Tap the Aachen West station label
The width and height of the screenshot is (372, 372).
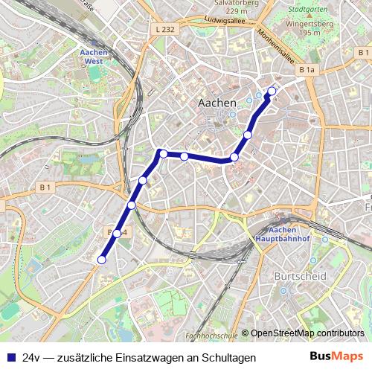tap(94, 58)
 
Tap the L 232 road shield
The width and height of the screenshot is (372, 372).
tap(167, 29)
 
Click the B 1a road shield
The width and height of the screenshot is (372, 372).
tap(307, 70)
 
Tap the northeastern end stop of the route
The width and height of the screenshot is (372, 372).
tap(272, 92)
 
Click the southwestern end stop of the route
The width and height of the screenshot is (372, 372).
tap(102, 260)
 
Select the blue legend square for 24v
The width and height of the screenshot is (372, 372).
tap(11, 357)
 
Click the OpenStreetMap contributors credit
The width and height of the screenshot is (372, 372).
tap(307, 333)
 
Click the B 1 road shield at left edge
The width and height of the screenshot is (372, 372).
tap(45, 187)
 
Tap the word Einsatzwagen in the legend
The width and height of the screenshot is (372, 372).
tap(148, 358)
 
